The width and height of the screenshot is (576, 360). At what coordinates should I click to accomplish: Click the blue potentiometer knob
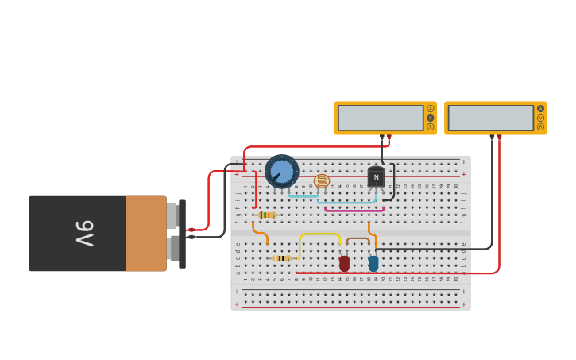click(x=282, y=171)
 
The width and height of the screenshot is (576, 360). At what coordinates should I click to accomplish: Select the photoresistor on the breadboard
click(x=322, y=181)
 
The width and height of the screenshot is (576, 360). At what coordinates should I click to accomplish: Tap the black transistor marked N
click(x=376, y=177)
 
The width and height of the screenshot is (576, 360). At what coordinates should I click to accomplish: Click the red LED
click(x=344, y=263)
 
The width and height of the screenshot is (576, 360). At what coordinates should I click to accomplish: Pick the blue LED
click(x=373, y=262)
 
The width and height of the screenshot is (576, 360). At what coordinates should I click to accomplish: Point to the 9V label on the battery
click(x=85, y=234)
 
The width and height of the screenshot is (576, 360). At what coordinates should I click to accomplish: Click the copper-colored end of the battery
click(x=145, y=234)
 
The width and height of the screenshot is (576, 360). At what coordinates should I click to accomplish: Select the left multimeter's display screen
click(x=381, y=118)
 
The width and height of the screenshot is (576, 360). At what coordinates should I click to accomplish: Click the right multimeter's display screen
click(x=490, y=118)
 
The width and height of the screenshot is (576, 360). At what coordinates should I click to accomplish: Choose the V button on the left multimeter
click(x=431, y=118)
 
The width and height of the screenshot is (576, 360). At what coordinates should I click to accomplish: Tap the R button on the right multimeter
click(x=541, y=126)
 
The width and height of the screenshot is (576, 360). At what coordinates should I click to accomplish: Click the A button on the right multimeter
click(x=541, y=109)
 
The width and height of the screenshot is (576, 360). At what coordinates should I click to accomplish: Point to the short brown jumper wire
click(x=358, y=238)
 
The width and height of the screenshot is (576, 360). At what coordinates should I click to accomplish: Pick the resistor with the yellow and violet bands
click(x=282, y=258)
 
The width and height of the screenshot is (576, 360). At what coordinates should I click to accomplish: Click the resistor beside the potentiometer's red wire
click(x=268, y=215)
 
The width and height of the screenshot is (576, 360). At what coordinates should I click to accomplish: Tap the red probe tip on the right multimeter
click(x=499, y=137)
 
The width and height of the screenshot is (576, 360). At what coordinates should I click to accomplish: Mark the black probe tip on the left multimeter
click(x=381, y=137)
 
